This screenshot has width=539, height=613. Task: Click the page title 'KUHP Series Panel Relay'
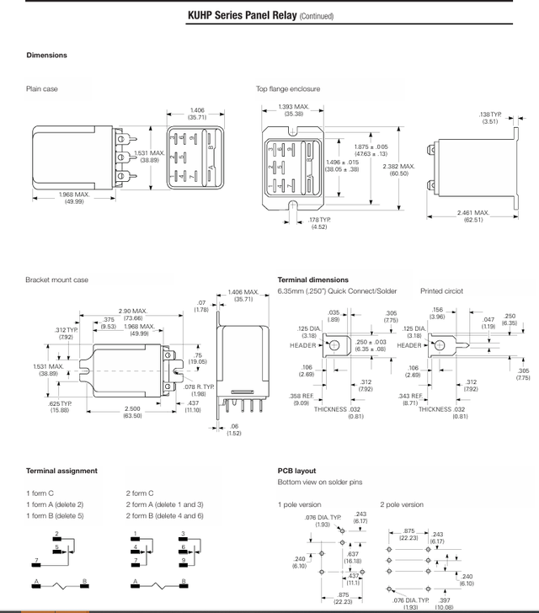coord(242,15)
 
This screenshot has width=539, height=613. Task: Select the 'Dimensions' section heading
coord(46,56)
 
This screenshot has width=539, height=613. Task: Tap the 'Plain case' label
coord(42,88)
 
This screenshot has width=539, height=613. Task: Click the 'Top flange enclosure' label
coord(288,88)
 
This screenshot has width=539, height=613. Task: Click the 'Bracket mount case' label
coord(56,280)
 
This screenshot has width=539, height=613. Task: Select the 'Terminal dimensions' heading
coord(316,280)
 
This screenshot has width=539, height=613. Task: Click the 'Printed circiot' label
coord(441,291)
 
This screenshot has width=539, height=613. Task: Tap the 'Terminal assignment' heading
coord(61,471)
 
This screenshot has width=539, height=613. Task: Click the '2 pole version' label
coord(402,504)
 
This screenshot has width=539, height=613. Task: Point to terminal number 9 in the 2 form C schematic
coord(182,560)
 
